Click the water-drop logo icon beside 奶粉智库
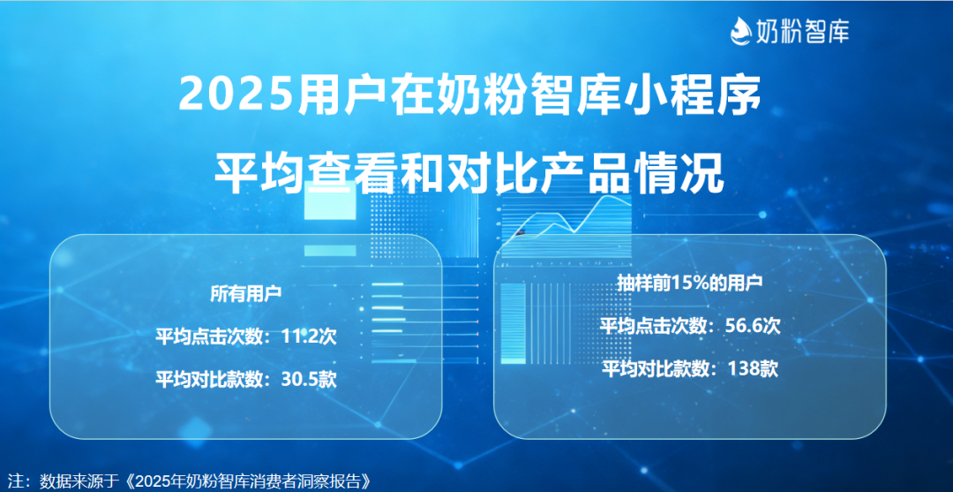740,30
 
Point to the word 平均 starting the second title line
255,175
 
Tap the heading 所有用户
245,294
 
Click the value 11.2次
310,337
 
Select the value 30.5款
310,380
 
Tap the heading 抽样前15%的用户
689,284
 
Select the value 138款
752,368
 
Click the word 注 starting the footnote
16,481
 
